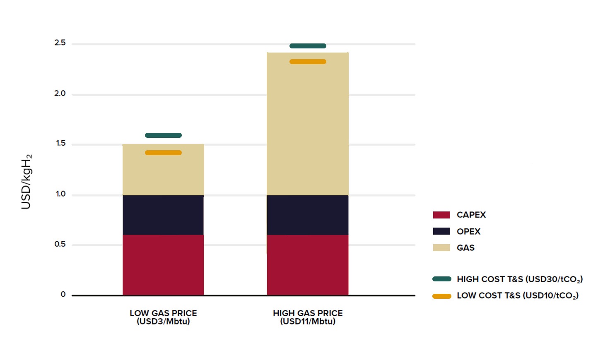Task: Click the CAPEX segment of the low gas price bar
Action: pyautogui.click(x=163, y=265)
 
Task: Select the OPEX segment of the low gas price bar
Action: pyautogui.click(x=163, y=215)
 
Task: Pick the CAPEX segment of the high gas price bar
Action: pyautogui.click(x=308, y=265)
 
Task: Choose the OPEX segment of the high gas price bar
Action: pyautogui.click(x=308, y=215)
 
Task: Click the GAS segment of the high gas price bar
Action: pyautogui.click(x=308, y=124)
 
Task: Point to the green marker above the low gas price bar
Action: pyautogui.click(x=163, y=135)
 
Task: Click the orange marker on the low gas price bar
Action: pyautogui.click(x=163, y=153)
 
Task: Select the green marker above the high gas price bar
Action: pyautogui.click(x=308, y=46)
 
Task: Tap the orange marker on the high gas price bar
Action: pyautogui.click(x=308, y=62)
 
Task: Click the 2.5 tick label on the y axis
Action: pyautogui.click(x=60, y=43)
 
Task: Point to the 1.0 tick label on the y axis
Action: pyautogui.click(x=60, y=194)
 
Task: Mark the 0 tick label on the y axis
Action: pyautogui.click(x=63, y=294)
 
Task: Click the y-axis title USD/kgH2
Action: pyautogui.click(x=26, y=182)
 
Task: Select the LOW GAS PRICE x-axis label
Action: pyautogui.click(x=163, y=317)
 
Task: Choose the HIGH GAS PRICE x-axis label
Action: pyautogui.click(x=308, y=317)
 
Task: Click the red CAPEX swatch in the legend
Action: pyautogui.click(x=441, y=215)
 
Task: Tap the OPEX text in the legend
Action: pyautogui.click(x=468, y=231)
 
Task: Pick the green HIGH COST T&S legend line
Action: pyautogui.click(x=441, y=279)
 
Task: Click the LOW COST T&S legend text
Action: pyautogui.click(x=518, y=295)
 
